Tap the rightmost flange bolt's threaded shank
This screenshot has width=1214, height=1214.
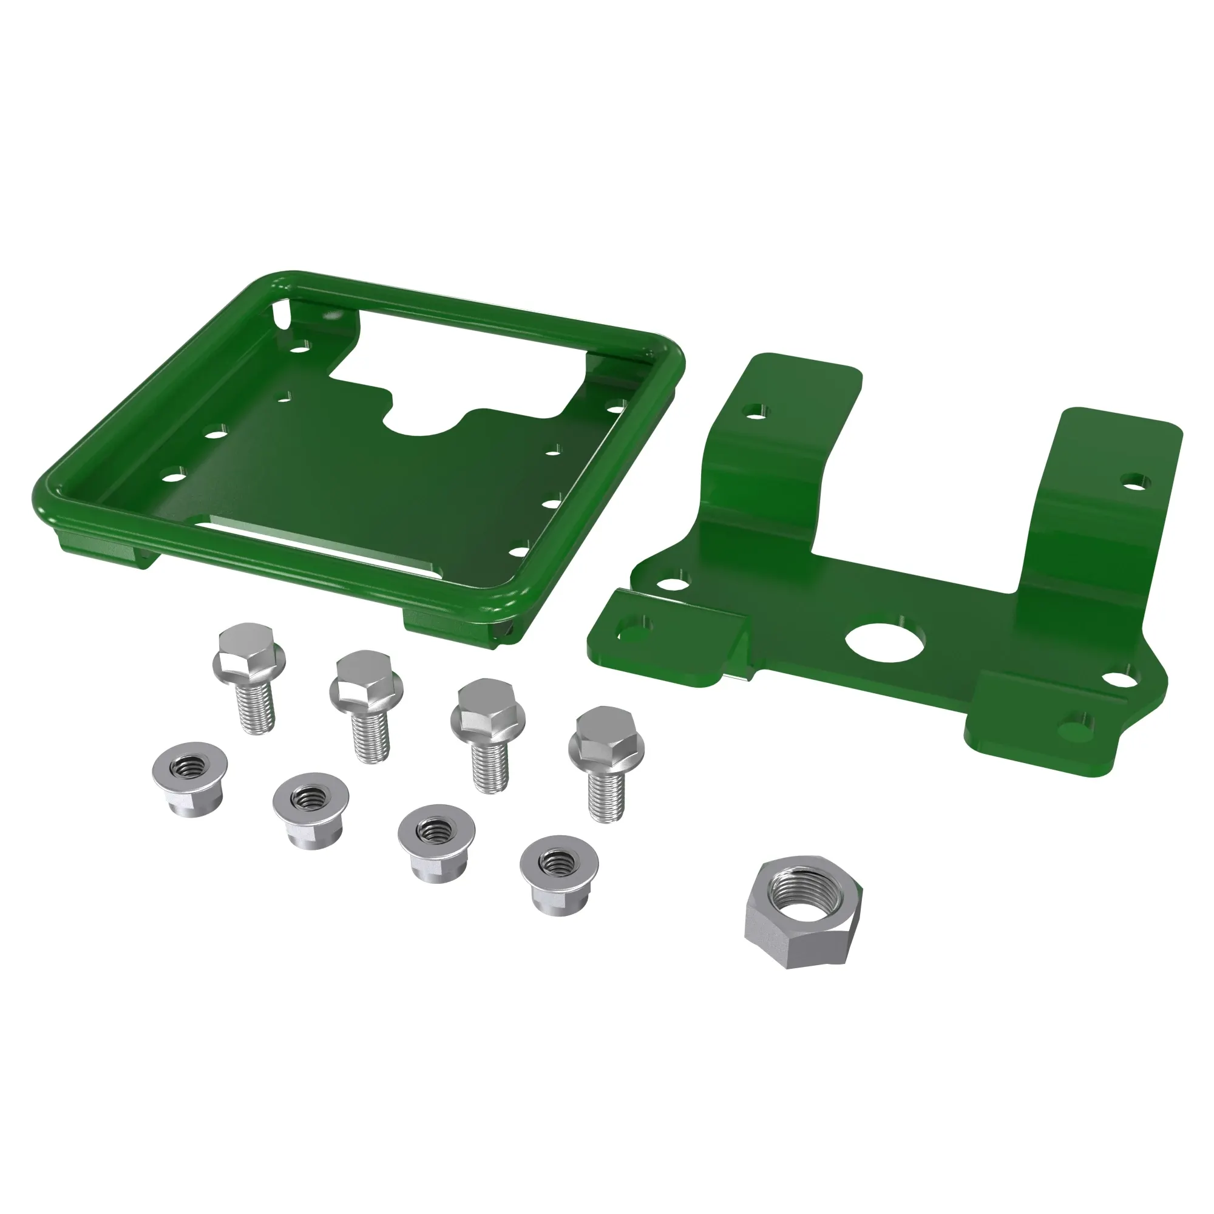tap(606, 796)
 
